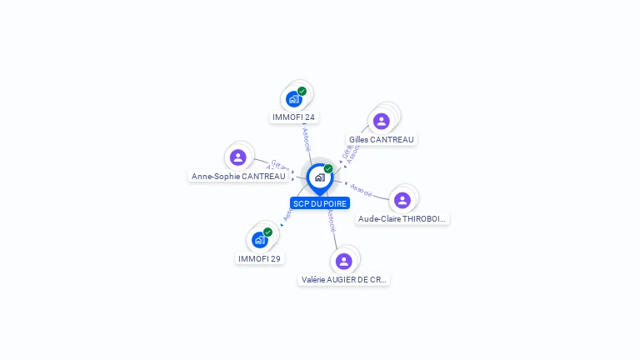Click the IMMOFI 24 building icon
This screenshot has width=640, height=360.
[293, 99]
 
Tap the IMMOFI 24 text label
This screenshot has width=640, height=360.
[293, 117]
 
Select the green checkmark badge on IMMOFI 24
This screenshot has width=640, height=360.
[302, 91]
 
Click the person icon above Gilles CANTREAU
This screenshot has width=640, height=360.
[381, 121]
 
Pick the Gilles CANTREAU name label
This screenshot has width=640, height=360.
[381, 139]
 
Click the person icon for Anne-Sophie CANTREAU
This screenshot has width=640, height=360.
[238, 157]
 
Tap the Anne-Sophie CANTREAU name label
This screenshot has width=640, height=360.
[238, 176]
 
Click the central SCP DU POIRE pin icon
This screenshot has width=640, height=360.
[319, 177]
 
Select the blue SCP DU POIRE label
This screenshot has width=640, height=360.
[320, 203]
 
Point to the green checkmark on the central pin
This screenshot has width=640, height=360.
[328, 169]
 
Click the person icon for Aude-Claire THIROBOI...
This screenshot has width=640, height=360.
[402, 200]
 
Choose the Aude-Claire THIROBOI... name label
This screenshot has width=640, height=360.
[402, 218]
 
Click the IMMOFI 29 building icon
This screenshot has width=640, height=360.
[259, 240]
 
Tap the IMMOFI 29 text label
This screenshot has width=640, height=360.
[259, 258]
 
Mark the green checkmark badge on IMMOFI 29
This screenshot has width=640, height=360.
[267, 232]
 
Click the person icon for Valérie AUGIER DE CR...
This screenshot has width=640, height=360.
[343, 261]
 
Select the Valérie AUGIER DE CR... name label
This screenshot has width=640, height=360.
[343, 279]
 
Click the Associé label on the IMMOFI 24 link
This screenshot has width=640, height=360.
[306, 138]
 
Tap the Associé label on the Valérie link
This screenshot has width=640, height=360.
[332, 220]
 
